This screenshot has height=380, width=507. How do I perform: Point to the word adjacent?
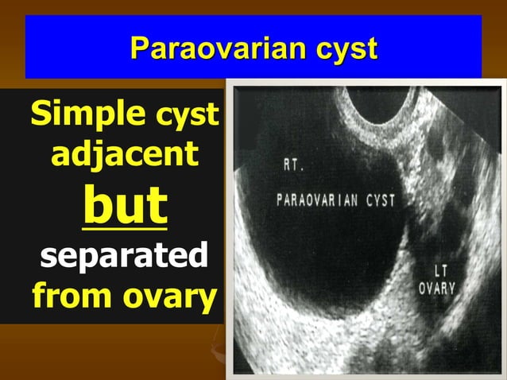(x=124, y=156)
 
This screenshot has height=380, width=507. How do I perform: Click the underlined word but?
(x=125, y=205)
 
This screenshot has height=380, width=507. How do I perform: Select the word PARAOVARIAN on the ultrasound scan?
(x=317, y=200)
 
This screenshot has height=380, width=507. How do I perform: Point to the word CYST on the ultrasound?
(x=379, y=200)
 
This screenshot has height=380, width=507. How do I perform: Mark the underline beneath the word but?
(x=125, y=229)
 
